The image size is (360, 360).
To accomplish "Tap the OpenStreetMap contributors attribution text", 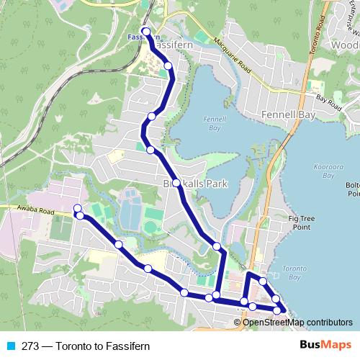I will (x=297, y=322).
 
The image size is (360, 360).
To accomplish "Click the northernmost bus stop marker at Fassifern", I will (x=146, y=32).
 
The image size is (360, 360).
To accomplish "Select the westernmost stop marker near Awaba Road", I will (x=77, y=209).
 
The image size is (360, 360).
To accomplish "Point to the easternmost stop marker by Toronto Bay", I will (x=279, y=310).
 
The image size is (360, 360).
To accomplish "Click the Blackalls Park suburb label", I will (x=195, y=184).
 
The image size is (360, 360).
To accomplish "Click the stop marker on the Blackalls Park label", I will (x=176, y=183).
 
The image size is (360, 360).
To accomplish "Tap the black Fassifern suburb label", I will (x=170, y=44).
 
